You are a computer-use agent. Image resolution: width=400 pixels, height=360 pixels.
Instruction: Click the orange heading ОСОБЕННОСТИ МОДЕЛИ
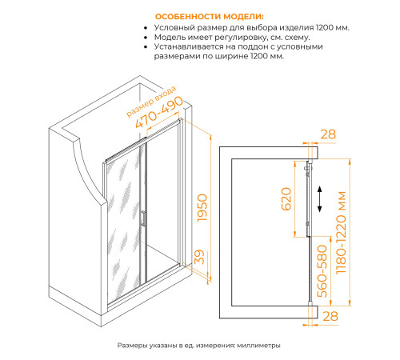tap(210, 17)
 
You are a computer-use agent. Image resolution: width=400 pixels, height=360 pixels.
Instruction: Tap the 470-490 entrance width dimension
tap(159, 112)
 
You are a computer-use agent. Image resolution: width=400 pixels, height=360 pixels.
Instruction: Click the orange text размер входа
tap(151, 102)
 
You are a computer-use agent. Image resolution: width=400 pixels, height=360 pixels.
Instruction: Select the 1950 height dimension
tap(202, 208)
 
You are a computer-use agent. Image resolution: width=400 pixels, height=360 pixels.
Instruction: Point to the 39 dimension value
tap(199, 257)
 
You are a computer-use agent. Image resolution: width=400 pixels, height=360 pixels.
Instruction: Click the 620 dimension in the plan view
tap(286, 199)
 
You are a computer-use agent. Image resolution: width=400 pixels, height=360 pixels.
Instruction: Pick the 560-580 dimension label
tap(322, 271)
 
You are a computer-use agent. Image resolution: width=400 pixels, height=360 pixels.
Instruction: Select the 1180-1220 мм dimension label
tap(341, 232)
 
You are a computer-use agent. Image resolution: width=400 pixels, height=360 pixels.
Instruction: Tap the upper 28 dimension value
tap(328, 134)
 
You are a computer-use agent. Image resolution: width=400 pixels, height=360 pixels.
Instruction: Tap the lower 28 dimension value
tap(330, 316)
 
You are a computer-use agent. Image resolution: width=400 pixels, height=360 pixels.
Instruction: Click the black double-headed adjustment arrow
tap(320, 199)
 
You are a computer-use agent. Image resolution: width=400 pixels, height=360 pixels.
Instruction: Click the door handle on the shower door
tap(143, 218)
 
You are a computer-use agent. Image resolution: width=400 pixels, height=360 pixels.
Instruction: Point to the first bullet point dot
tap(146, 28)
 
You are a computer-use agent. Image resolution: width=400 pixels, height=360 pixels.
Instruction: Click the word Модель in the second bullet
tap(169, 38)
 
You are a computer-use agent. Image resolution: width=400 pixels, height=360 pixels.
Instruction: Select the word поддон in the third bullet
tap(255, 47)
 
